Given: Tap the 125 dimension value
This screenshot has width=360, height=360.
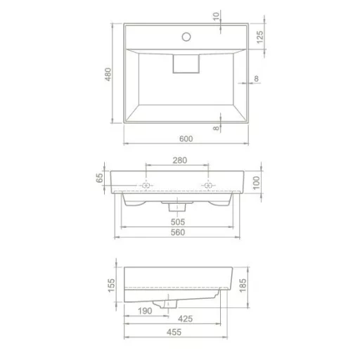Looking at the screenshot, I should click(x=259, y=37).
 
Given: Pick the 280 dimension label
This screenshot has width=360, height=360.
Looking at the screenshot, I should click(x=180, y=160).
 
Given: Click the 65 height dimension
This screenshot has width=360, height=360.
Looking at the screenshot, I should click(x=100, y=178).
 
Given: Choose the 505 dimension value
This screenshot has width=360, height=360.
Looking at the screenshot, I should click(x=178, y=221).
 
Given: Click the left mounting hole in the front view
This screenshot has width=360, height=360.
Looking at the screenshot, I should click(x=146, y=186).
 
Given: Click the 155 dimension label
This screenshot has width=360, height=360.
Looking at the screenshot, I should click(x=110, y=286).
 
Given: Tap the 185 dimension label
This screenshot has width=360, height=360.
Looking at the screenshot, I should click(x=243, y=287).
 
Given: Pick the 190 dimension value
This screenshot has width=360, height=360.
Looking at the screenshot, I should click(x=146, y=310).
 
